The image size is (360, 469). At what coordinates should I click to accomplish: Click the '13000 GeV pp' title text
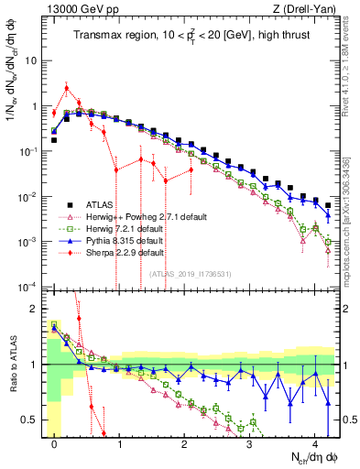tap(72, 10)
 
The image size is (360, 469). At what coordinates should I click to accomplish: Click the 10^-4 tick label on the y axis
tap(29, 287)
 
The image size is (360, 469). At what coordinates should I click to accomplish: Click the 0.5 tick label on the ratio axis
tap(31, 420)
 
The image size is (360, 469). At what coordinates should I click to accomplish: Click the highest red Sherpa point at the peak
tap(67, 88)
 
